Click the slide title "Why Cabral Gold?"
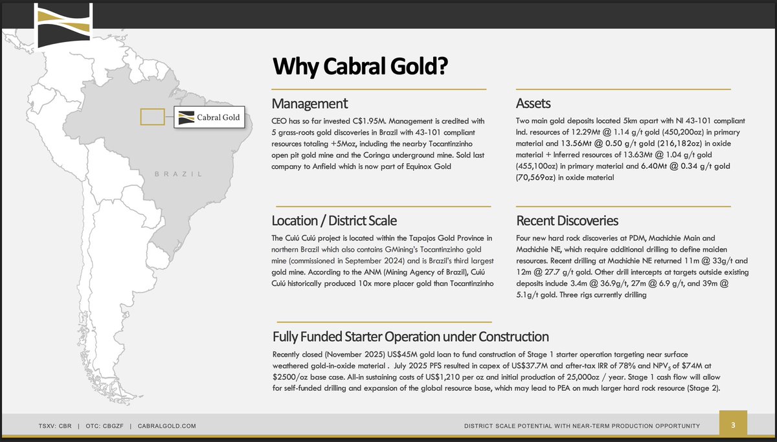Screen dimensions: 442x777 pyautogui.click(x=361, y=67)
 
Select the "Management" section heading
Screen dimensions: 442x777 pyautogui.click(x=310, y=104)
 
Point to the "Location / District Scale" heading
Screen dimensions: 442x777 pyautogui.click(x=334, y=221)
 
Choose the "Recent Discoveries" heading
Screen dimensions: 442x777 pyautogui.click(x=567, y=221)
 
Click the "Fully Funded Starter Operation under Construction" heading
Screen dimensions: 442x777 pyautogui.click(x=411, y=337)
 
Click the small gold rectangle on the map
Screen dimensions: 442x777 pyautogui.click(x=153, y=116)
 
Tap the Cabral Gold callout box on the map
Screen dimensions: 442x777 pyautogui.click(x=209, y=118)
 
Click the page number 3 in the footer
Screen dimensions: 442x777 pyautogui.click(x=733, y=425)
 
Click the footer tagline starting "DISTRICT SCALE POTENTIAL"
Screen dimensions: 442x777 pyautogui.click(x=582, y=425)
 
